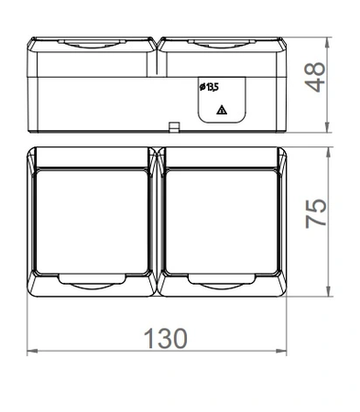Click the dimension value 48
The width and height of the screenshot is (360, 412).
(315, 77)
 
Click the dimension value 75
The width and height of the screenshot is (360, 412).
(316, 213)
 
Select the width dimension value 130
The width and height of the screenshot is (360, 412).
(165, 339)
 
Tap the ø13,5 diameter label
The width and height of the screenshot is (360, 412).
(209, 87)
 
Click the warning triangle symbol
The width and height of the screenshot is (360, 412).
(222, 110)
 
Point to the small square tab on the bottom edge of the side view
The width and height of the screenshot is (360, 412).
(174, 127)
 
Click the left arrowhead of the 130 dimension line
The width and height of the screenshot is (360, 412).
(32, 351)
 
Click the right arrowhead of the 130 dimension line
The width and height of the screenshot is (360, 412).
(281, 351)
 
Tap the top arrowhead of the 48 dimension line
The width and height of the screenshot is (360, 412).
(327, 43)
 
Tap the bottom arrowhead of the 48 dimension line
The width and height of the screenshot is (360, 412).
(327, 127)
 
